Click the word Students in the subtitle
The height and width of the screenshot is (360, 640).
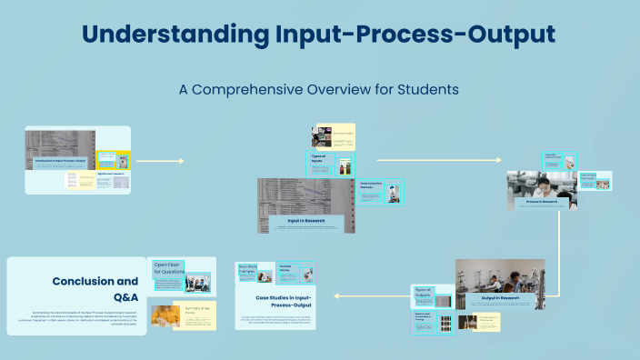426,90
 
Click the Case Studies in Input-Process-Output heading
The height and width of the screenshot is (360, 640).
275,301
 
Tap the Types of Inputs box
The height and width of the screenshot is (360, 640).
319,157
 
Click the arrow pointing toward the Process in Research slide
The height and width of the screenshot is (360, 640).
436,161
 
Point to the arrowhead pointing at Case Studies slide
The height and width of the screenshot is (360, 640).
337,296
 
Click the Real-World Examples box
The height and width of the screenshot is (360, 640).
247,270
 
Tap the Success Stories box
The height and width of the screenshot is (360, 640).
291,270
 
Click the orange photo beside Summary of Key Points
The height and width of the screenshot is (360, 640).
165,315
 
